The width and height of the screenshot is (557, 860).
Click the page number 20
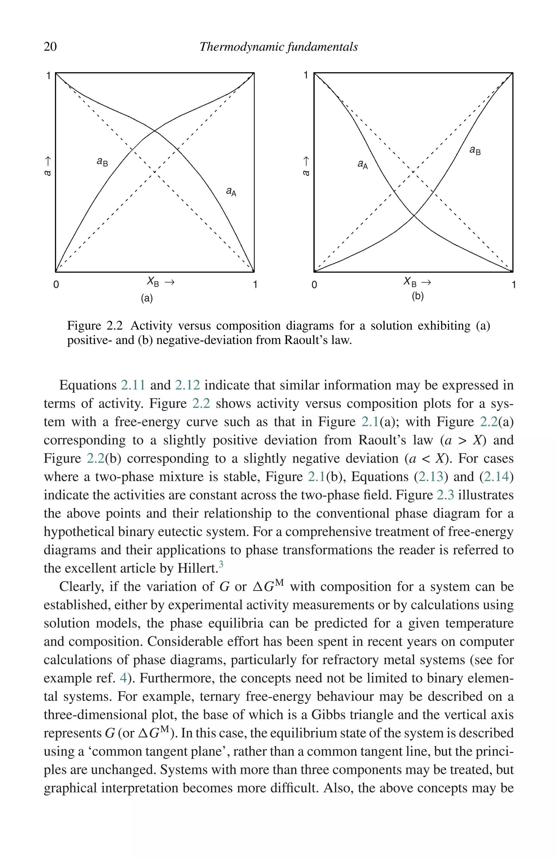(50, 47)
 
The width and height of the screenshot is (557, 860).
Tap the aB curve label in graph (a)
(102, 162)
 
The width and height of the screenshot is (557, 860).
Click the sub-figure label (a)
(147, 298)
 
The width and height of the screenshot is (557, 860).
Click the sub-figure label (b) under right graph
(418, 296)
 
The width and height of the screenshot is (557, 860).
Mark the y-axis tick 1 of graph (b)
(305, 75)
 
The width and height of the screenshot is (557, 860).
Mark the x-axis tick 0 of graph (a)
(56, 285)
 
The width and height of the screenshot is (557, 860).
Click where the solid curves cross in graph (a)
(155, 131)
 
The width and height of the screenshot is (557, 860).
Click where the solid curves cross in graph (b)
(414, 216)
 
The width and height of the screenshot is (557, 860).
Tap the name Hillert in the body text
(197, 568)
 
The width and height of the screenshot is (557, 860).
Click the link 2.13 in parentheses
(431, 477)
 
